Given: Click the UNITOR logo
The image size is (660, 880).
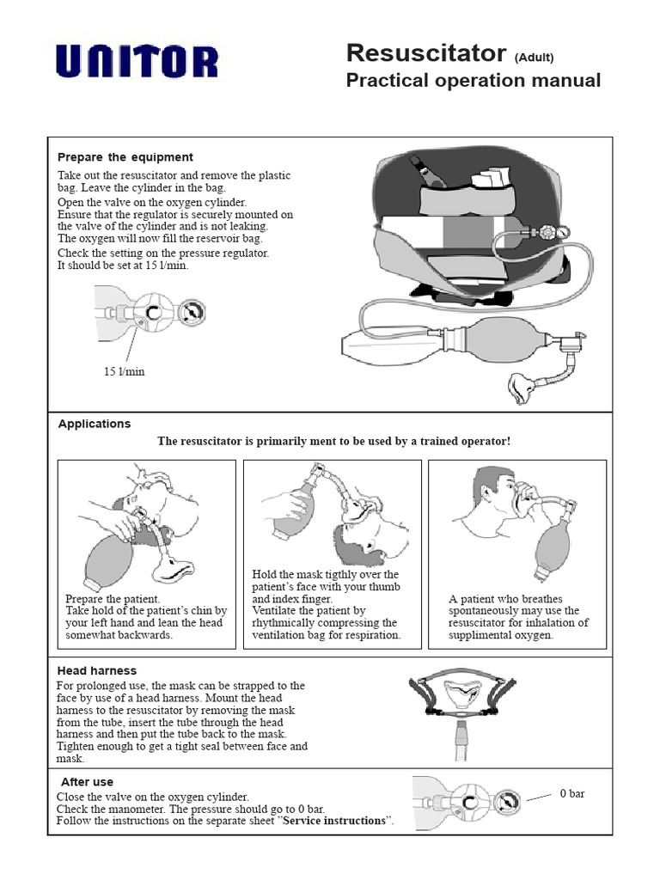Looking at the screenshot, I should tap(137, 62).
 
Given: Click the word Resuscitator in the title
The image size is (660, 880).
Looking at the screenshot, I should tap(425, 53).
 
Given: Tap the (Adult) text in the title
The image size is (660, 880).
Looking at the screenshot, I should tap(534, 58).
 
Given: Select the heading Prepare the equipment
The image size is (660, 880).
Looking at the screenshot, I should tap(125, 157).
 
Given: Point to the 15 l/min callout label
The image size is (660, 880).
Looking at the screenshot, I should tap(125, 371).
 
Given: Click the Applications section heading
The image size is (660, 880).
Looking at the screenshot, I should tap(95, 424).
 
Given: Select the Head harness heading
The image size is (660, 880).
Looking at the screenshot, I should tap(96, 670).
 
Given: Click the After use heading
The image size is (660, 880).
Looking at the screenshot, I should tap(87, 782).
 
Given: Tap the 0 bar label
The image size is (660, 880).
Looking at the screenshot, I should tap(572, 793).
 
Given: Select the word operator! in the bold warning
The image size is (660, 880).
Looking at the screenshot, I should tap(483, 441).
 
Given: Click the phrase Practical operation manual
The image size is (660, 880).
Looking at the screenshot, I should tap(473, 81).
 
